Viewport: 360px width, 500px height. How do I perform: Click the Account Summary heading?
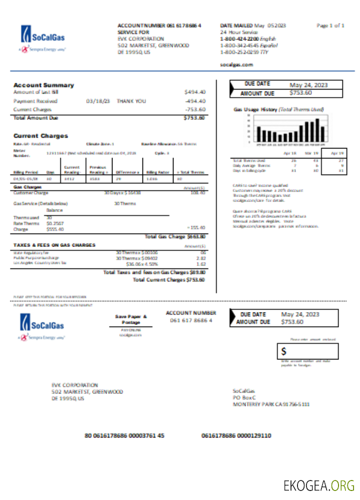(43, 85)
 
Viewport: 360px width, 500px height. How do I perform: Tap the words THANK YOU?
(131, 101)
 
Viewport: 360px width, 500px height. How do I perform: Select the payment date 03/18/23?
(98, 101)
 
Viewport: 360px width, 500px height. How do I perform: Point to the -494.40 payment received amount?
(195, 101)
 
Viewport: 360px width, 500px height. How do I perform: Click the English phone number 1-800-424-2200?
(239, 38)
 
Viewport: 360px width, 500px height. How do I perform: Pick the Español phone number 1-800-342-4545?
(238, 45)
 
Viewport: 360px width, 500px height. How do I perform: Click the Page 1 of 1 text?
(330, 25)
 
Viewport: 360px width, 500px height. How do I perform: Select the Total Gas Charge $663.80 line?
(175, 236)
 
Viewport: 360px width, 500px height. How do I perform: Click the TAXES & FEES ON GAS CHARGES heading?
(54, 245)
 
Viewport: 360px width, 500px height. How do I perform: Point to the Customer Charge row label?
(30, 192)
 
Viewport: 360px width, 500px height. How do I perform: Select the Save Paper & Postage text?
(130, 319)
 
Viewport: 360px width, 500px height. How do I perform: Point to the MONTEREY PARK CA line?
(271, 404)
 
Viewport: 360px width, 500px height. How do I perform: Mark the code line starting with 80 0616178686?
(124, 435)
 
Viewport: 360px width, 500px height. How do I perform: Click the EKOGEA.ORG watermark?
(318, 485)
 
